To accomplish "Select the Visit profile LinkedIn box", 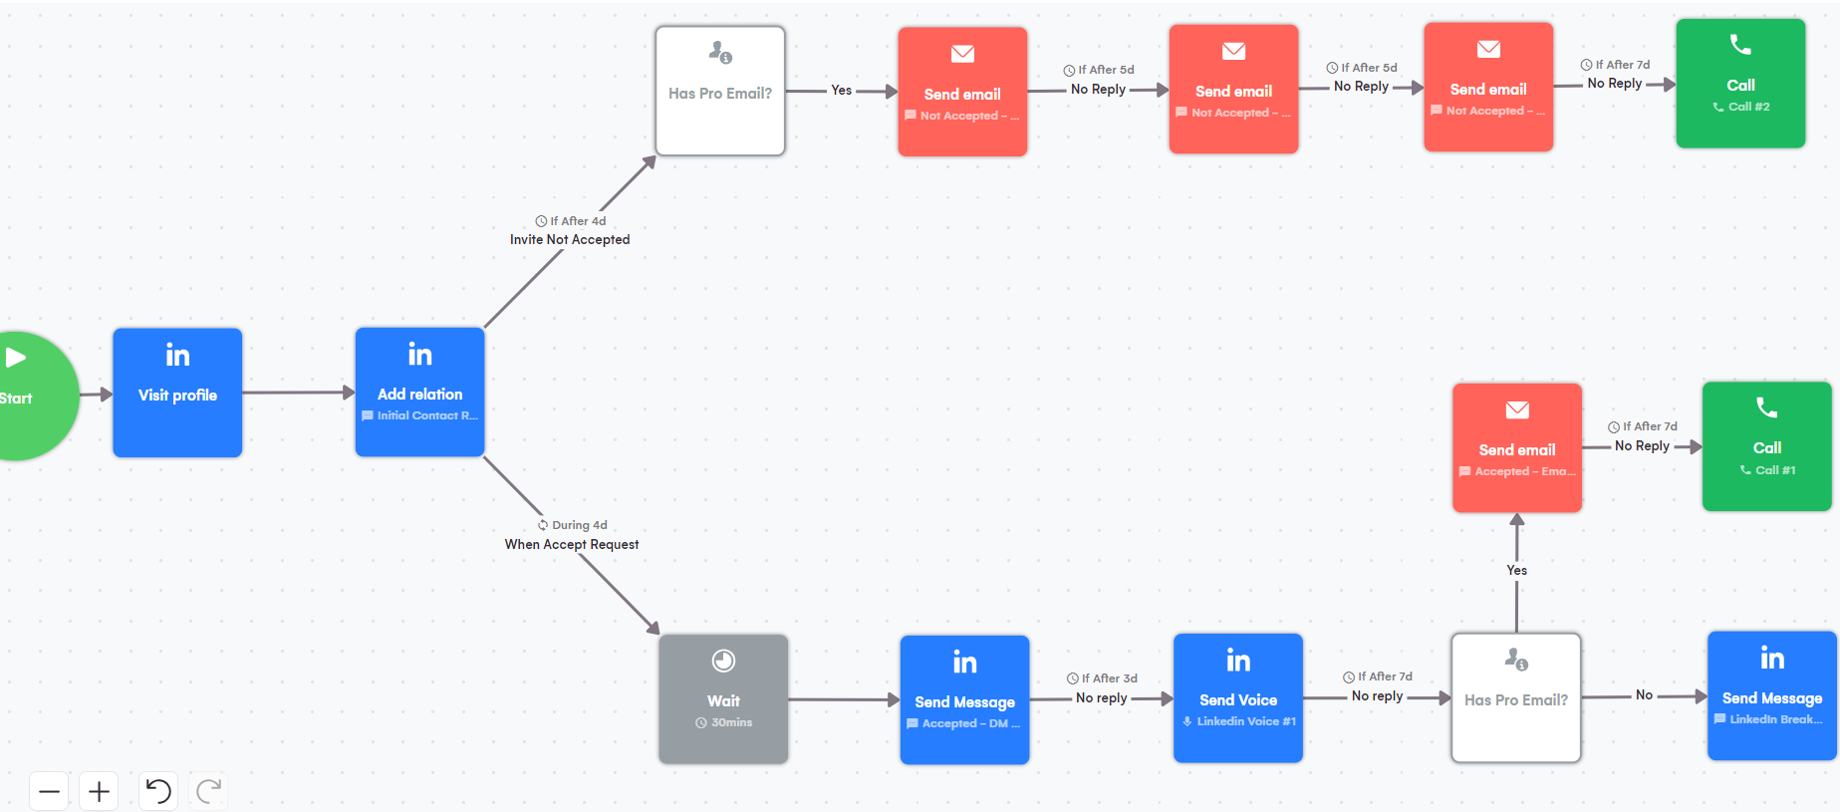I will pyautogui.click(x=177, y=393).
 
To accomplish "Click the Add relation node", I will pyautogui.click(x=419, y=393).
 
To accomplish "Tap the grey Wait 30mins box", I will pyautogui.click(x=723, y=699).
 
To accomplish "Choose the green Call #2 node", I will pyautogui.click(x=1740, y=84).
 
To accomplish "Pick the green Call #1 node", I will pyautogui.click(x=1766, y=446).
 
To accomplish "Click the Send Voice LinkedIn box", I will pyautogui.click(x=1237, y=698).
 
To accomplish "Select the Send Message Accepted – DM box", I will pyautogui.click(x=964, y=700).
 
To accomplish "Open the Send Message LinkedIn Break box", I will pyautogui.click(x=1771, y=696).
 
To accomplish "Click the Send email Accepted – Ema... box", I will pyautogui.click(x=1516, y=448).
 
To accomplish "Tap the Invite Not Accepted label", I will pyautogui.click(x=570, y=239).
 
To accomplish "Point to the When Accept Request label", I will pyautogui.click(x=571, y=544).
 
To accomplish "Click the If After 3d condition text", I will pyautogui.click(x=1103, y=678).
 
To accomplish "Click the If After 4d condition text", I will pyautogui.click(x=571, y=221).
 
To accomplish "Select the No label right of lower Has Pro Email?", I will pyautogui.click(x=1644, y=695).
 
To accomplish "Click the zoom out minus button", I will pyautogui.click(x=49, y=792).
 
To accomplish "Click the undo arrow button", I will pyautogui.click(x=158, y=792).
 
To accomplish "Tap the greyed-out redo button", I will pyautogui.click(x=208, y=792).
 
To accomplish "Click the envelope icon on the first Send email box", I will pyautogui.click(x=962, y=54).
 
